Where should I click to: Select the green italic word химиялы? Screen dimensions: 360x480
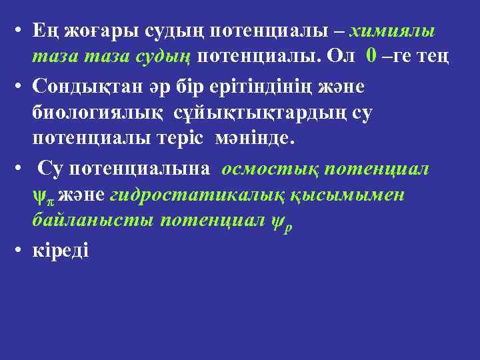pyautogui.click(x=393, y=31)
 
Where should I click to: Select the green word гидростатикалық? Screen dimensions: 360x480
pyautogui.click(x=196, y=195)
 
